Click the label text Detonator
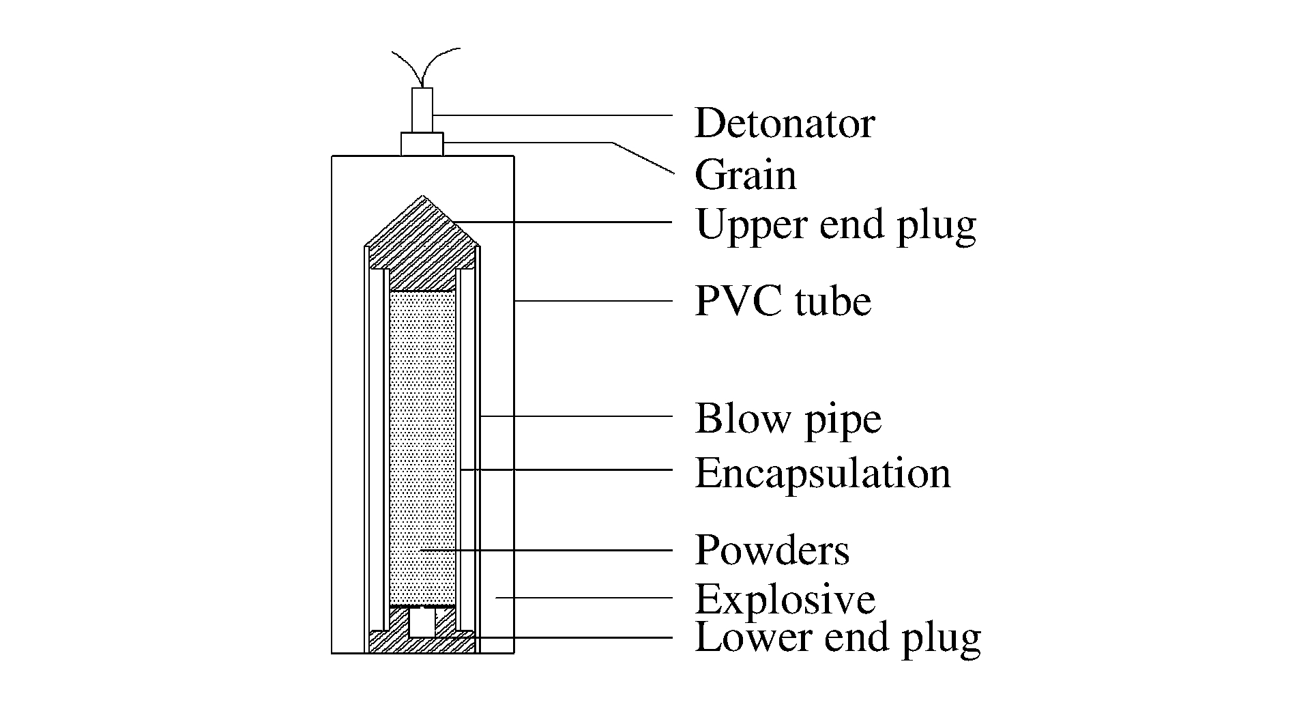pos(784,124)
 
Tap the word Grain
pos(745,175)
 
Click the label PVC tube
pos(783,301)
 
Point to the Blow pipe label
pos(788,418)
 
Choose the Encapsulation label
pos(822,473)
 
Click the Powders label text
pos(772,550)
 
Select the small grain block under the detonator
pos(422,144)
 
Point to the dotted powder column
pos(422,444)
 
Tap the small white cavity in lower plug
pos(422,622)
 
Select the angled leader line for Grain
pos(641,158)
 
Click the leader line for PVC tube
pos(594,301)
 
